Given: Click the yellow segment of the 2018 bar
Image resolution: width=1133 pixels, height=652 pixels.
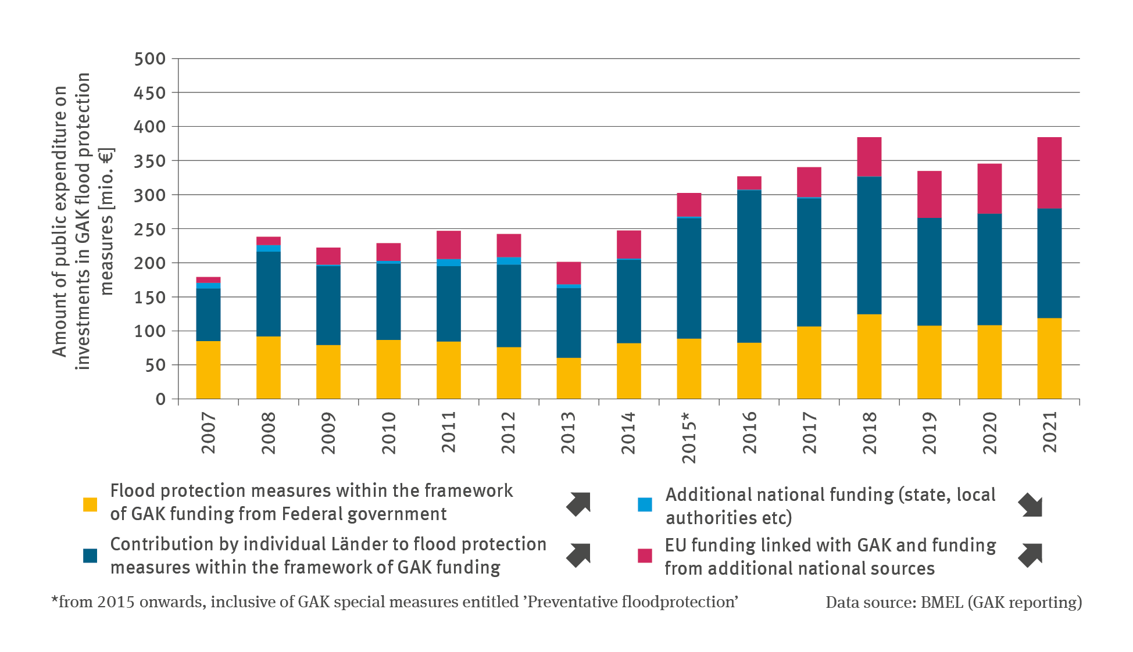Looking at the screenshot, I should (868, 356).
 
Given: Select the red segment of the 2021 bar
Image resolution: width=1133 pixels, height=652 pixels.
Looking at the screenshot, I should (1049, 173).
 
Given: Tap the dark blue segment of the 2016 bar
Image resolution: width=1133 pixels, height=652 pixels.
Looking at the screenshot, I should (749, 266).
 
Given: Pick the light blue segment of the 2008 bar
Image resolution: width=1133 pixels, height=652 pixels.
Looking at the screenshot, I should (268, 248).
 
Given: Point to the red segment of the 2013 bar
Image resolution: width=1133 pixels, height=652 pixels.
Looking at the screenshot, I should (569, 273).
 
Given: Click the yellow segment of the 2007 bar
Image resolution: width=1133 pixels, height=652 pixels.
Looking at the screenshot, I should (208, 370).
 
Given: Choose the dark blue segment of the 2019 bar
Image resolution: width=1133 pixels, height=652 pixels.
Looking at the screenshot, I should (929, 271).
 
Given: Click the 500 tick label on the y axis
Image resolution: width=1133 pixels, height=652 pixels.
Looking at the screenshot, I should (149, 59).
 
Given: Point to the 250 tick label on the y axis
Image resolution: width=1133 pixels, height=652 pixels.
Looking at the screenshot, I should (149, 229).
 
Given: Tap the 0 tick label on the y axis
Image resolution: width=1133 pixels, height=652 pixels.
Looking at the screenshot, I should (160, 399).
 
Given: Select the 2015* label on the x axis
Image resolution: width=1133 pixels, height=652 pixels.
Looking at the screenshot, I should (688, 438).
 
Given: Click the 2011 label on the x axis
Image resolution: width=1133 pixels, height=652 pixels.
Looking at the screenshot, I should (448, 432).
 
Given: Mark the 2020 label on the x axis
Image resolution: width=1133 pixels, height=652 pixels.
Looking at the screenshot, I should (989, 432).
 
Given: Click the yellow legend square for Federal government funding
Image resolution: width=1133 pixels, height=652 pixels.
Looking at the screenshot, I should (90, 504).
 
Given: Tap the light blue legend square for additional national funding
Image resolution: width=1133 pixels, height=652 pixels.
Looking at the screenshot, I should (645, 504).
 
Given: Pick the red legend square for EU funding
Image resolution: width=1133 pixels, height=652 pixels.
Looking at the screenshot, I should (645, 556).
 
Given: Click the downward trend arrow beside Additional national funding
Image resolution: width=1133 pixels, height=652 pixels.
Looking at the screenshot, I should (1030, 504).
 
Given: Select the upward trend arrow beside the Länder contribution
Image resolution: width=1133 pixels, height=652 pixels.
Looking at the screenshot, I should (578, 555).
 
